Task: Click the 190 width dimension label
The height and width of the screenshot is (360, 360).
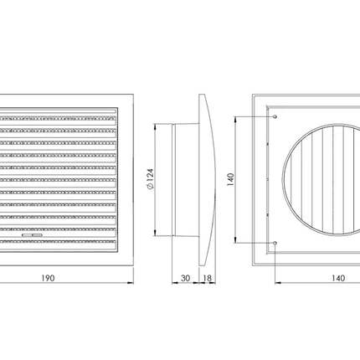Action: point(48,278)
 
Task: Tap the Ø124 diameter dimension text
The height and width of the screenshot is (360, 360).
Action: point(151,179)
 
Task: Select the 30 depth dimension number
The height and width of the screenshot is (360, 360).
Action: point(186,278)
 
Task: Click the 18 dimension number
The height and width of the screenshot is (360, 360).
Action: point(208,278)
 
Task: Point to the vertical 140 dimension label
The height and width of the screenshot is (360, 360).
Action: point(231,180)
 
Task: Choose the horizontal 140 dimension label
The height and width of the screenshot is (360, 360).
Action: point(338,278)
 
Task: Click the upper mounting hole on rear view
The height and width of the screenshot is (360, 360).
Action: point(275,116)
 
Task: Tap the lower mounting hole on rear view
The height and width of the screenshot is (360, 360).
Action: point(275,243)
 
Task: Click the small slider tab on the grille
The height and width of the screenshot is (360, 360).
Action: point(33,235)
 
